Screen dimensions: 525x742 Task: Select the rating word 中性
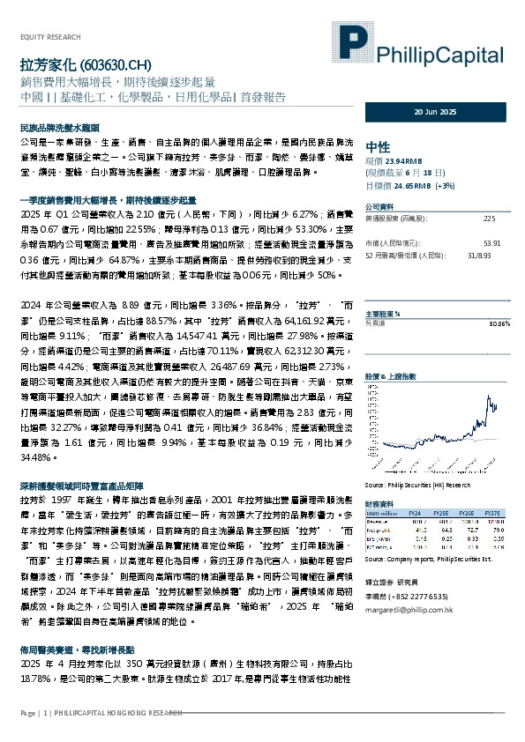(x=377, y=146)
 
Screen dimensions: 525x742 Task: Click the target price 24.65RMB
(x=411, y=186)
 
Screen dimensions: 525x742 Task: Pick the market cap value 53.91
(x=492, y=242)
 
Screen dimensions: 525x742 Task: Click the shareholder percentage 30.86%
(x=499, y=323)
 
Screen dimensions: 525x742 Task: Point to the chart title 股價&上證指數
(x=387, y=351)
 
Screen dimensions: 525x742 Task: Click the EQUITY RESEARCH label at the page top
(x=50, y=37)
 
